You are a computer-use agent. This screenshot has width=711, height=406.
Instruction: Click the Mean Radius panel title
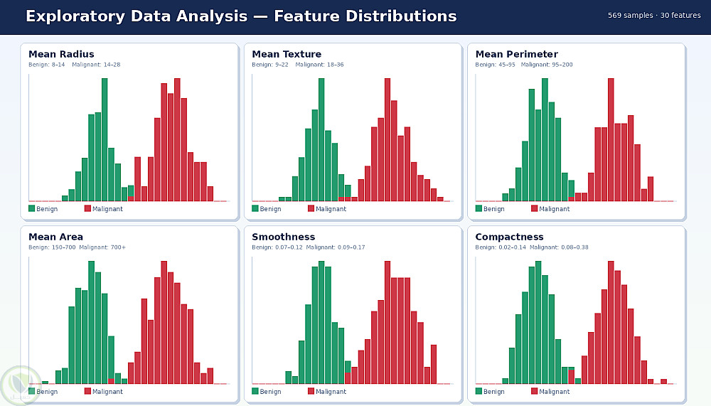61,54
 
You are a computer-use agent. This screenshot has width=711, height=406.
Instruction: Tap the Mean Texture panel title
287,54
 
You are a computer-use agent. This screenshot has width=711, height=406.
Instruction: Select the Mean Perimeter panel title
516,54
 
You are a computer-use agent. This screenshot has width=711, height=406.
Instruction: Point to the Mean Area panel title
55,237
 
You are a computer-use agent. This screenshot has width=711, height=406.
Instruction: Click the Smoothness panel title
283,237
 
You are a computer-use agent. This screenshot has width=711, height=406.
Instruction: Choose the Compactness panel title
509,237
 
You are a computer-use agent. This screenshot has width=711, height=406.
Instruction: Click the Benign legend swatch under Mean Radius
32,208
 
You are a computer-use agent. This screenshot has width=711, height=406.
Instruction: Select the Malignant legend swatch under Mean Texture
311,208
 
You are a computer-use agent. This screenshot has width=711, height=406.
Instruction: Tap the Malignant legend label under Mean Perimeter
555,209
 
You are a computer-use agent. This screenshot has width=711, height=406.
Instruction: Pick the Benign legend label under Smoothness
270,392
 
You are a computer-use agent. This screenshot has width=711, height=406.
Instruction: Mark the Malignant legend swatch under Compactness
535,391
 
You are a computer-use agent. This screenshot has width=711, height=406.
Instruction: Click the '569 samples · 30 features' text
654,16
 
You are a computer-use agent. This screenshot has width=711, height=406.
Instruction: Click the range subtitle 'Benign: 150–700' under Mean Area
52,247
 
